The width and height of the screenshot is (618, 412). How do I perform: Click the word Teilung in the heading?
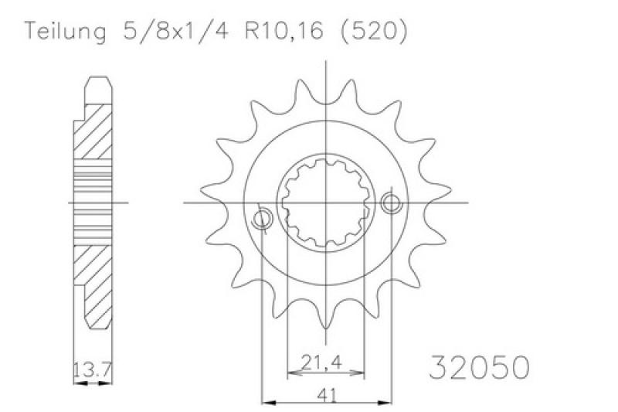65,32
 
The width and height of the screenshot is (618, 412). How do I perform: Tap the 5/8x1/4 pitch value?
176,30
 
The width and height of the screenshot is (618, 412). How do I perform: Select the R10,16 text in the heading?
284,30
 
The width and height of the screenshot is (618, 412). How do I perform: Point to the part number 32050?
479,367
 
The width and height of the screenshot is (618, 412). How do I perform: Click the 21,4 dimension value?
321,363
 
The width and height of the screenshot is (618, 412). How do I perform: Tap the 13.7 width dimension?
93,369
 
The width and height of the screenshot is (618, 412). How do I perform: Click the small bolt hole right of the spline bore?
391,203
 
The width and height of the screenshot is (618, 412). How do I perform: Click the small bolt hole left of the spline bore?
262,219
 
